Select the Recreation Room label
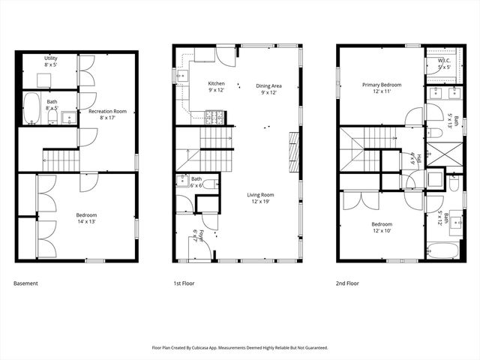(107, 114)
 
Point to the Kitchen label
(217, 86)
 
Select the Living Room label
(261, 198)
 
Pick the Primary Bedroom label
(382, 88)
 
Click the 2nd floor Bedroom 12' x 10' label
(382, 227)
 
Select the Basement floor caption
(26, 283)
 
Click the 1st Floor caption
(184, 283)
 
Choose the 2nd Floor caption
(347, 283)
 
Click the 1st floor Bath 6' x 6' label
(196, 181)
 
